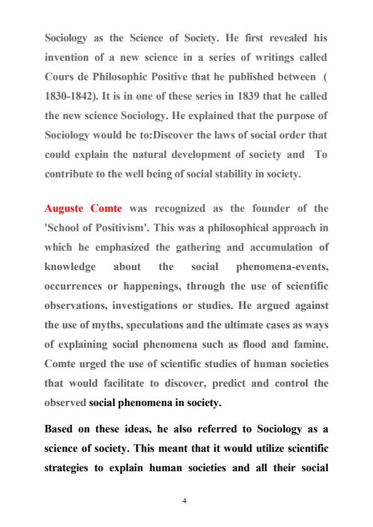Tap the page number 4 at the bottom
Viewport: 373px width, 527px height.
tap(186, 501)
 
